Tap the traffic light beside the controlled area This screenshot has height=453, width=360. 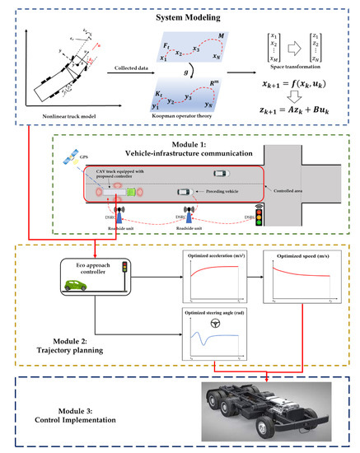(x=262, y=215)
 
